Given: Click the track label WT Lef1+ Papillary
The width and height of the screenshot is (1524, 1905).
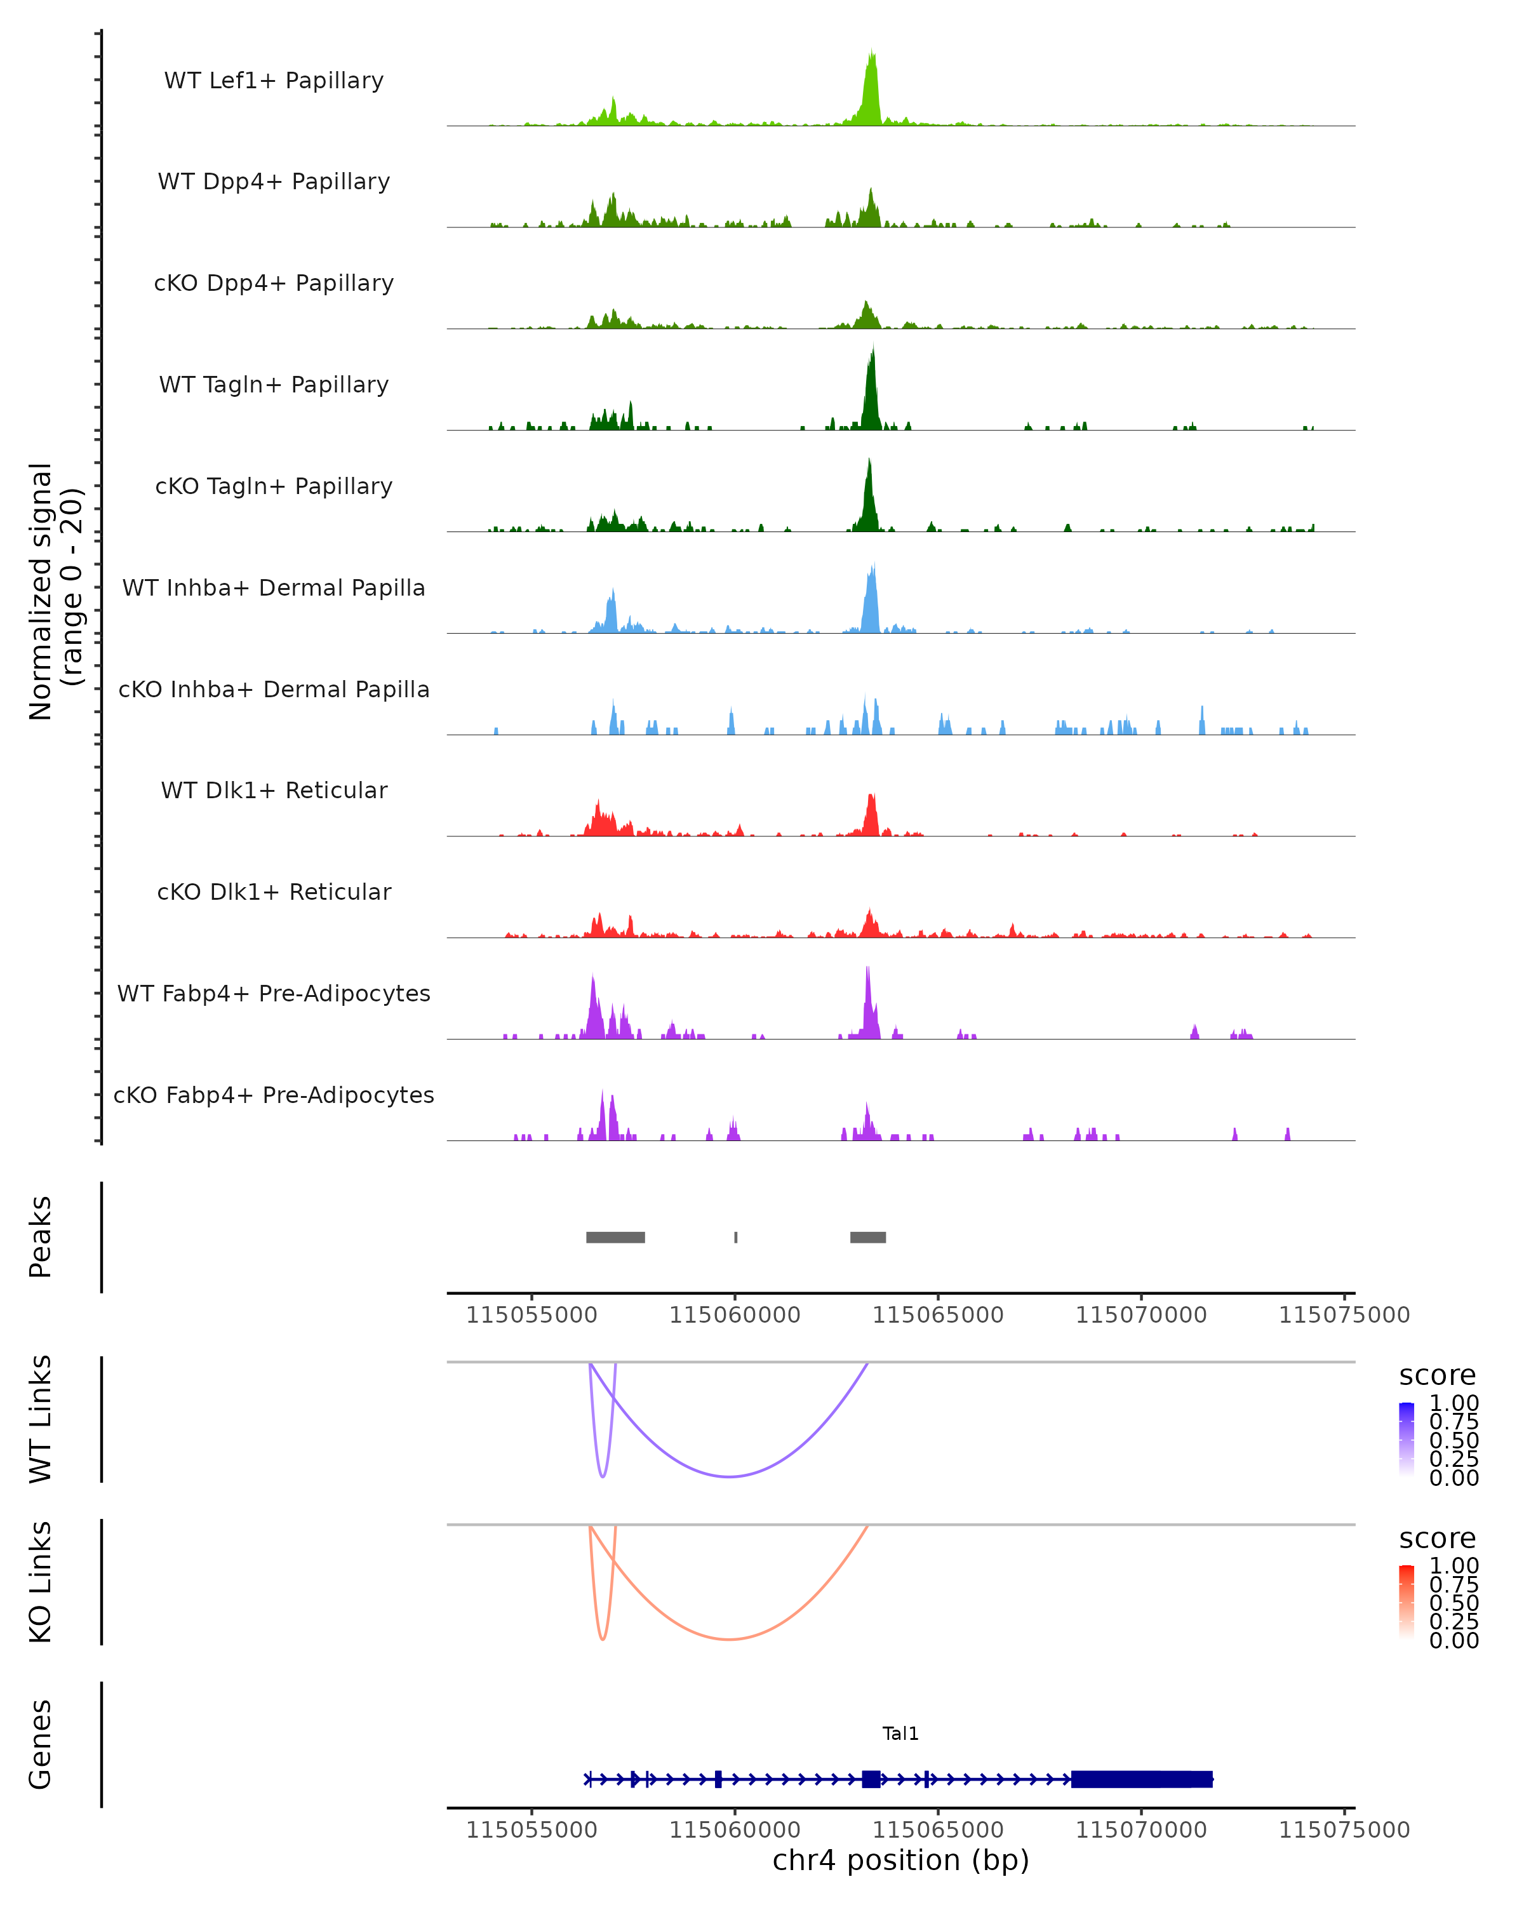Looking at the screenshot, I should click(x=274, y=81).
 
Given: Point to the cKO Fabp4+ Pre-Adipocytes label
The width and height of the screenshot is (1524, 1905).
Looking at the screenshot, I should click(x=274, y=1095).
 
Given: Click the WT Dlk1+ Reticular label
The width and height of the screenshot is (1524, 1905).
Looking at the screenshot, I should click(x=274, y=790).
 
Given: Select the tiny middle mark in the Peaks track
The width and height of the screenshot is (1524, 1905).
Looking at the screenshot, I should click(x=736, y=1237).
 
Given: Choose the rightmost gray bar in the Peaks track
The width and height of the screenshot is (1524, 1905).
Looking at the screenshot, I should click(x=867, y=1237).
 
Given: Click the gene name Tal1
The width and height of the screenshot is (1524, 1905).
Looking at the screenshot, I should click(x=900, y=1734).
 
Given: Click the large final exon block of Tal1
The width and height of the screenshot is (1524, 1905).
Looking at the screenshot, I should click(x=1142, y=1779).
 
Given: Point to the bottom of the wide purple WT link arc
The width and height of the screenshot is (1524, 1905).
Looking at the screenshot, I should click(x=729, y=1476).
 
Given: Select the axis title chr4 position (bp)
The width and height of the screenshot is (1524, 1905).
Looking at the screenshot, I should click(x=900, y=1861).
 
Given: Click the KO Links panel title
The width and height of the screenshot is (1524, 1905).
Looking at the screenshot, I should click(x=41, y=1582).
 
